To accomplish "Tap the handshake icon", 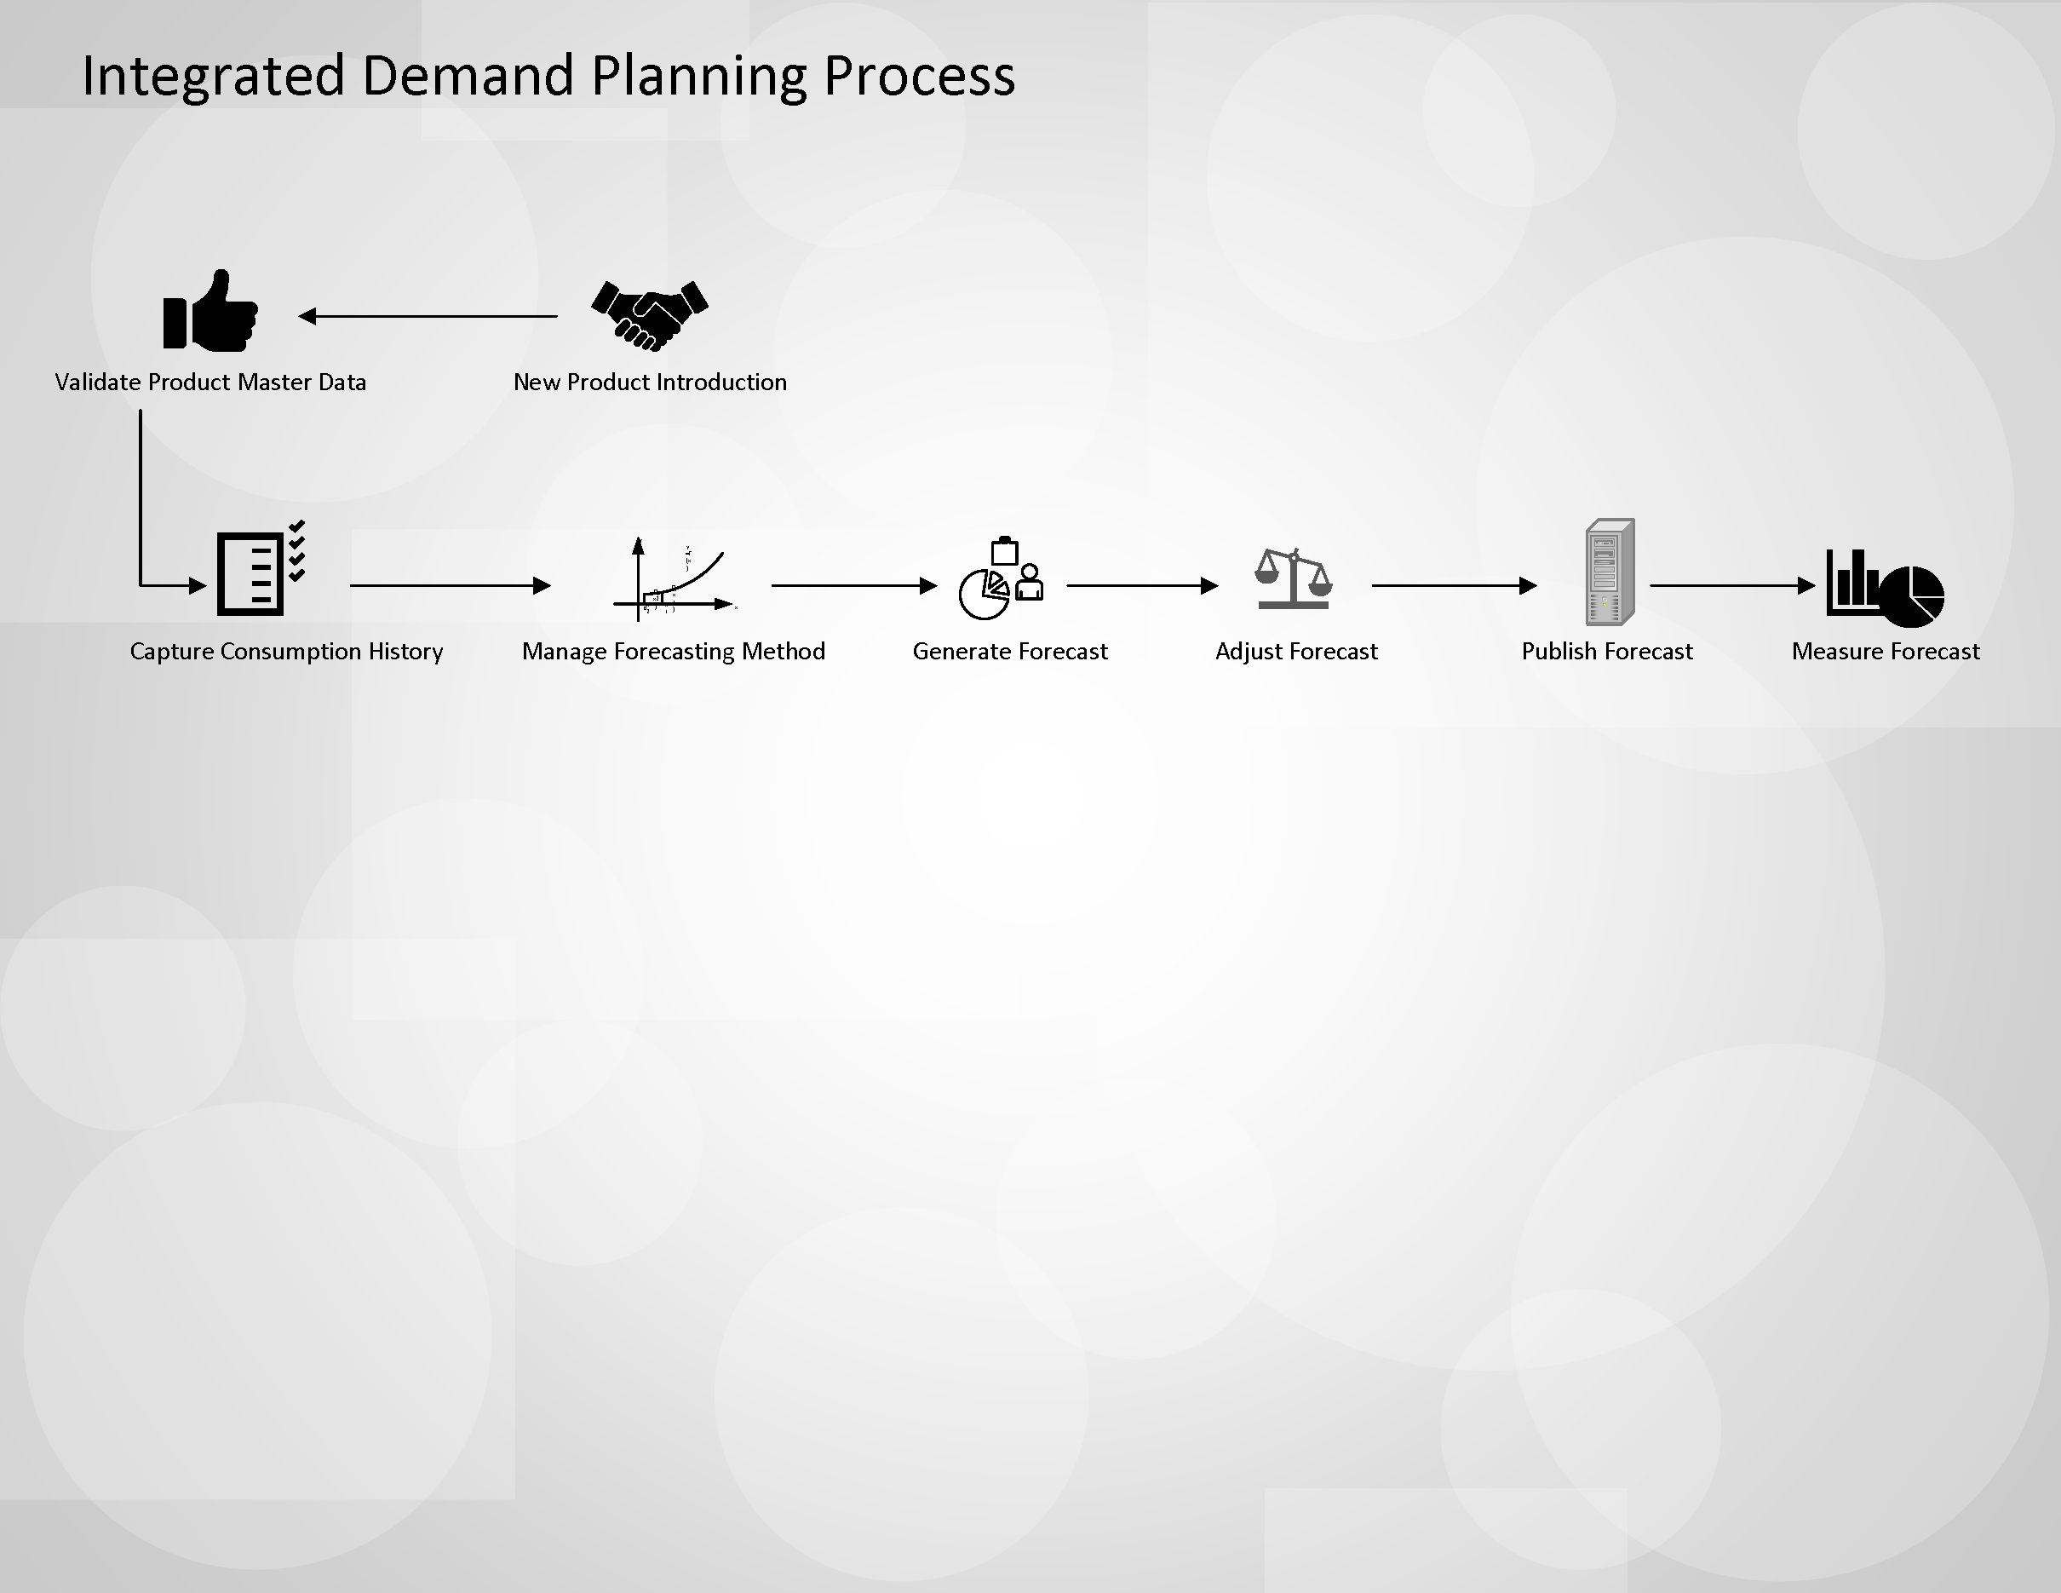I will point(649,315).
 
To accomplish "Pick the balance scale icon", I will point(1293,578).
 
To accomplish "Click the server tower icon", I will point(1609,572).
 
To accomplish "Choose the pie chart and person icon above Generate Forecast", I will point(1002,579).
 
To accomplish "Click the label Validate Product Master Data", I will point(210,382).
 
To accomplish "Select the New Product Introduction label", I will point(649,382).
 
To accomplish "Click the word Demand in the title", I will point(467,76).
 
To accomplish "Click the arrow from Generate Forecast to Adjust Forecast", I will point(1142,586).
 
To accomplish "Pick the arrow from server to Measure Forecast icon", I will point(1731,586).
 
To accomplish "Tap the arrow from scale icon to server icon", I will point(1453,586).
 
